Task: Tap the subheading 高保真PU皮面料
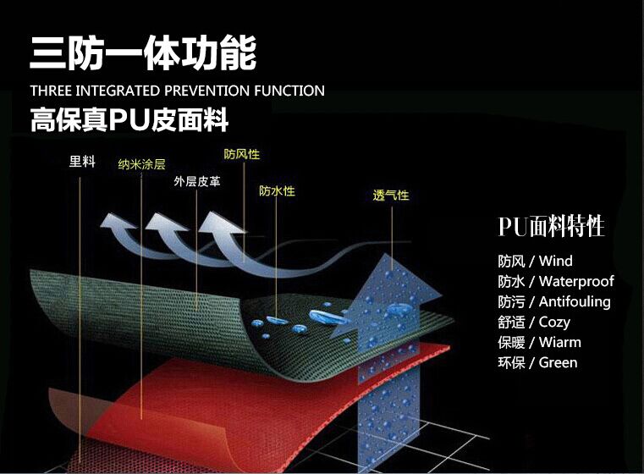tap(129, 119)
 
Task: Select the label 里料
tap(82, 162)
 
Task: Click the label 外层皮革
tap(197, 181)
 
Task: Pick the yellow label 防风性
tap(241, 155)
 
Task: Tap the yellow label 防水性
tap(277, 191)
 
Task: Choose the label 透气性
tap(391, 196)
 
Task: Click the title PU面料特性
tap(551, 228)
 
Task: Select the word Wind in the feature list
tap(555, 261)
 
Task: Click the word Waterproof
tap(576, 281)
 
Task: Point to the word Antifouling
tap(575, 301)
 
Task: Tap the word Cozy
tap(554, 322)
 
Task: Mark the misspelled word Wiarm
tap(559, 342)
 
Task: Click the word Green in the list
tap(558, 362)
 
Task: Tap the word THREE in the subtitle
tap(50, 91)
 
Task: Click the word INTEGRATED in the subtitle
tap(118, 91)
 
